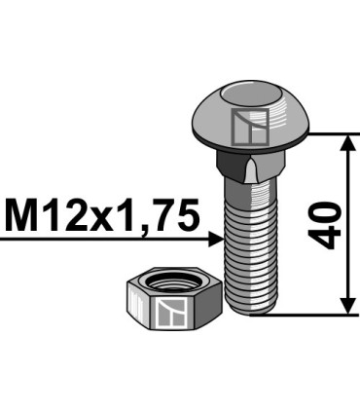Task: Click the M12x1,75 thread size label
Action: (x=102, y=214)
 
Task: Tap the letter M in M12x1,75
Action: (x=23, y=214)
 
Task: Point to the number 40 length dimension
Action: (x=328, y=225)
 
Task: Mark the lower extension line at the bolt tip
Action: (x=302, y=315)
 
